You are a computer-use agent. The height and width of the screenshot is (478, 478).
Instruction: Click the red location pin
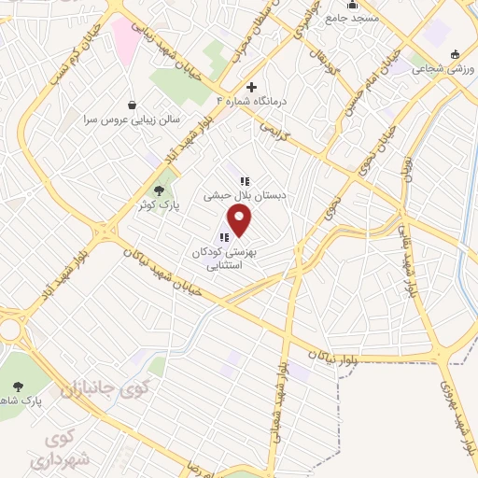coord(241,221)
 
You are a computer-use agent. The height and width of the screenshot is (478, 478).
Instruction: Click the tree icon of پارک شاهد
coord(18,385)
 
